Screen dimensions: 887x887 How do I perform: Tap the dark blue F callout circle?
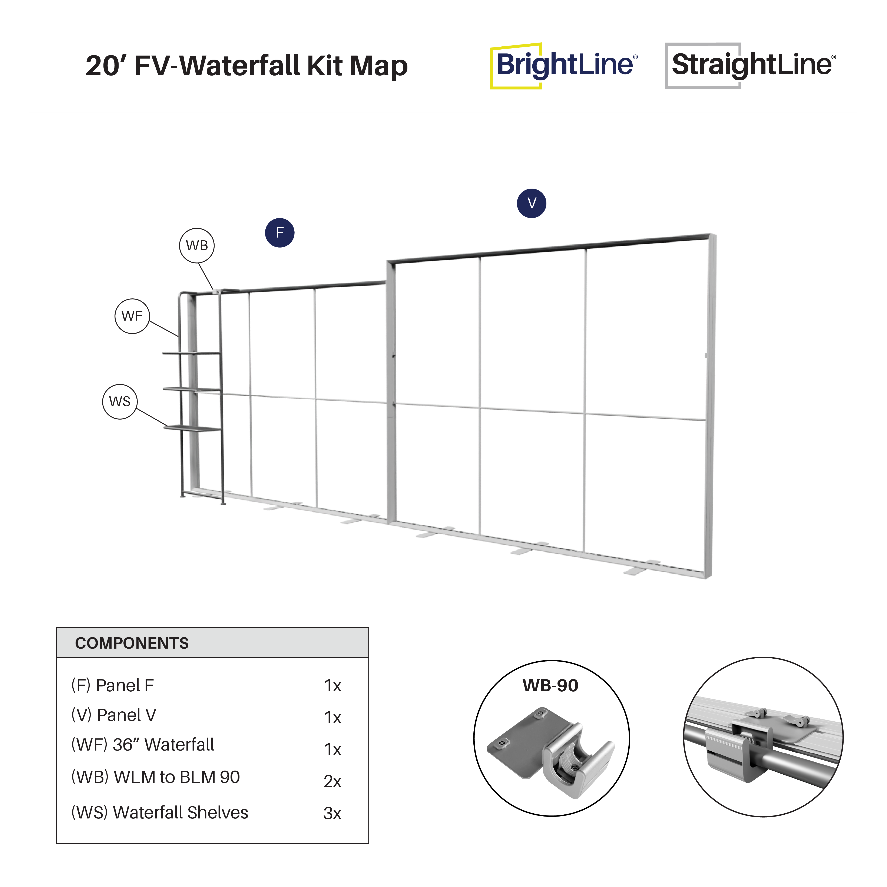(x=280, y=233)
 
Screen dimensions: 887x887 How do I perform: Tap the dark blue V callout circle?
(x=532, y=203)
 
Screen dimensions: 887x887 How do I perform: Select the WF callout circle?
(x=132, y=316)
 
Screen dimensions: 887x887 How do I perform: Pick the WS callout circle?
(x=120, y=401)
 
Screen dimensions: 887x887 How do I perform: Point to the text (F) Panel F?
(x=112, y=685)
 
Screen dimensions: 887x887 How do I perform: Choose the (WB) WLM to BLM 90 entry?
(x=156, y=777)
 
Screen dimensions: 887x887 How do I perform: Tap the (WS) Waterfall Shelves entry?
(x=160, y=812)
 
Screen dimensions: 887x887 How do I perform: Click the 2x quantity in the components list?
(x=332, y=781)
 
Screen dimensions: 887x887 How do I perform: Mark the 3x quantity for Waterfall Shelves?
(x=332, y=813)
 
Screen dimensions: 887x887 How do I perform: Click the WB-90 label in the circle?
(x=550, y=685)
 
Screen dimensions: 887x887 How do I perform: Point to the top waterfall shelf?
(x=191, y=353)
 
